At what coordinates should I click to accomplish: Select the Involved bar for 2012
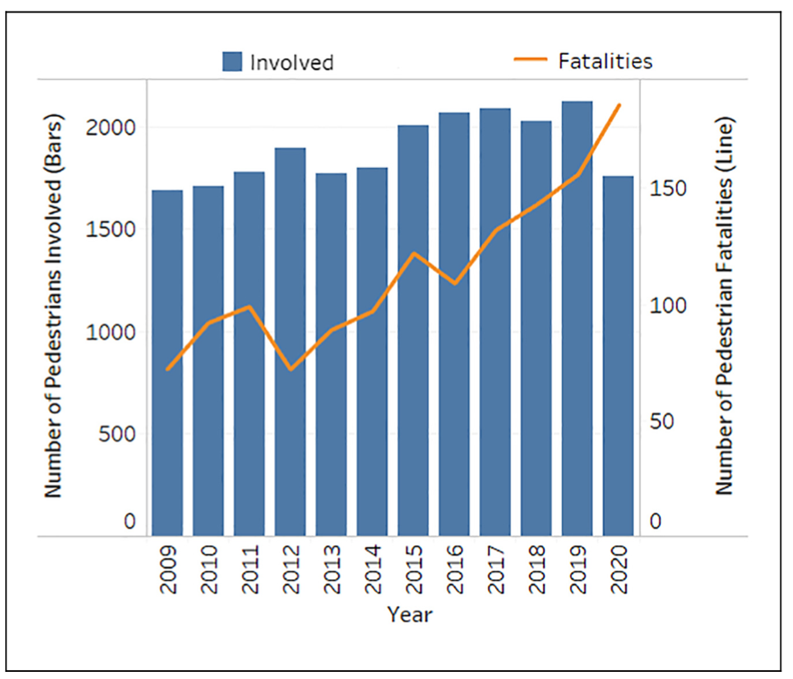(x=290, y=341)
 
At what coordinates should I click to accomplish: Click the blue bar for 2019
(x=577, y=319)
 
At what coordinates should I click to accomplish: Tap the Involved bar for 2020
(x=619, y=356)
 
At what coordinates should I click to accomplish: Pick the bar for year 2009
(x=167, y=363)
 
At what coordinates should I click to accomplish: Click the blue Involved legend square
(x=233, y=62)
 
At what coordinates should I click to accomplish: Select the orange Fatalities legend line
(x=530, y=61)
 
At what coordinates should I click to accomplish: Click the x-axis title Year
(x=409, y=615)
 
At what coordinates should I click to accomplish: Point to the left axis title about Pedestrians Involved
(x=54, y=305)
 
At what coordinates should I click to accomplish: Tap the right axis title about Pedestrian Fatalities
(x=726, y=305)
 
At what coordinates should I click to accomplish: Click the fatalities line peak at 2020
(x=619, y=105)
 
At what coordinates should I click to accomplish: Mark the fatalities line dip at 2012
(x=290, y=369)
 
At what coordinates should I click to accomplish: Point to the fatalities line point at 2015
(x=414, y=253)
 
